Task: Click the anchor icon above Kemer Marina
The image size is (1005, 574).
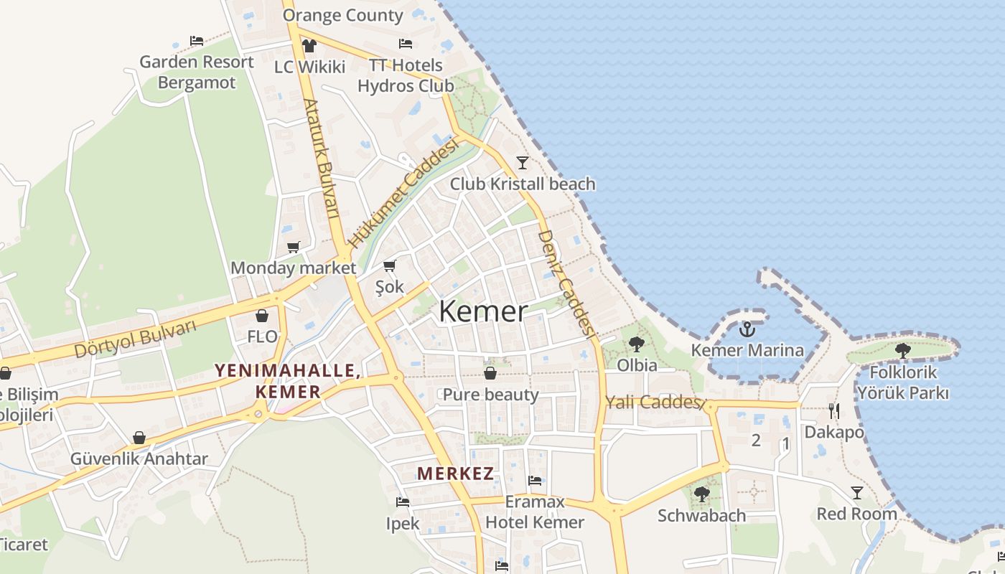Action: tap(747, 329)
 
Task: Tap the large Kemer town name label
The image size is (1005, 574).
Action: tap(483, 311)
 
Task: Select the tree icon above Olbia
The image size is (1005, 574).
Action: tap(636, 344)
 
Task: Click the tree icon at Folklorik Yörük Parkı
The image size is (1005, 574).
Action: tap(902, 351)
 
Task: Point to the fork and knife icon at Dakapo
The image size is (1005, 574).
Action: tap(833, 411)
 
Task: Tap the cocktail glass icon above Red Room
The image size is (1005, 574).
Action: tap(856, 493)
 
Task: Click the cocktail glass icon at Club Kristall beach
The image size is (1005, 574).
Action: tap(523, 163)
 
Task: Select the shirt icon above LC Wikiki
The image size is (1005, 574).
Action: tap(309, 46)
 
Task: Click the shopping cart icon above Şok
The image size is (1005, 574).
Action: tap(390, 266)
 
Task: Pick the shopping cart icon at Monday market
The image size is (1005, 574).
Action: tap(294, 248)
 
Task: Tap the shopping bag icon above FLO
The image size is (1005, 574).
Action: tap(262, 316)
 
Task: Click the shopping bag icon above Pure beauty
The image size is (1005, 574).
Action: tap(490, 373)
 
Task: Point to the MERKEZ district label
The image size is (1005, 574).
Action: tap(456, 474)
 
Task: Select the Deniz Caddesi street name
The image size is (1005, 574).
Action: tap(567, 283)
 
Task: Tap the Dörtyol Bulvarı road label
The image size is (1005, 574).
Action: tap(135, 339)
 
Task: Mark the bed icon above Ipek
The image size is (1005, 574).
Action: tap(402, 502)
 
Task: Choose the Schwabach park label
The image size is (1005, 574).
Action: tap(701, 515)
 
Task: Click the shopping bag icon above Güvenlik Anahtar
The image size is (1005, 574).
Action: tap(139, 438)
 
